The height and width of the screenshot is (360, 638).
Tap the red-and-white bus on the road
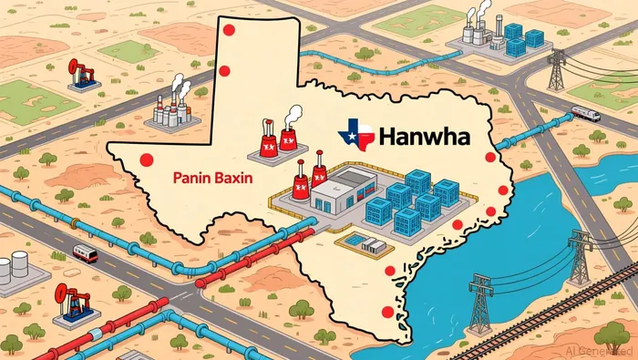tap(84, 252)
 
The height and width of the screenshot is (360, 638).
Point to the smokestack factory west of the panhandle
tap(170, 105)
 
